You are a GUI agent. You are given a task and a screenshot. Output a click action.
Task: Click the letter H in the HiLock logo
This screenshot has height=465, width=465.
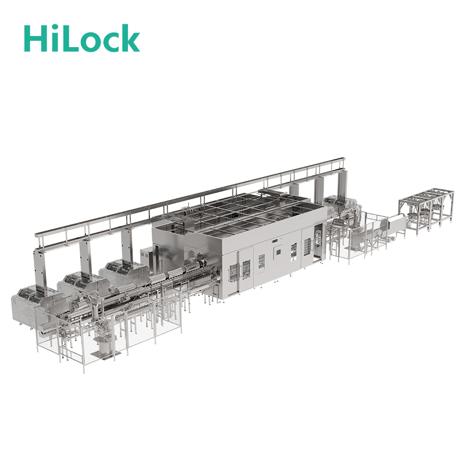(x=35, y=38)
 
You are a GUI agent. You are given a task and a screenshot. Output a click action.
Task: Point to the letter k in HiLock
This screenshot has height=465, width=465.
(x=128, y=38)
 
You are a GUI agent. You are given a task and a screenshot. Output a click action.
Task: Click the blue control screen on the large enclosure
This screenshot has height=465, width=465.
(x=278, y=252)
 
